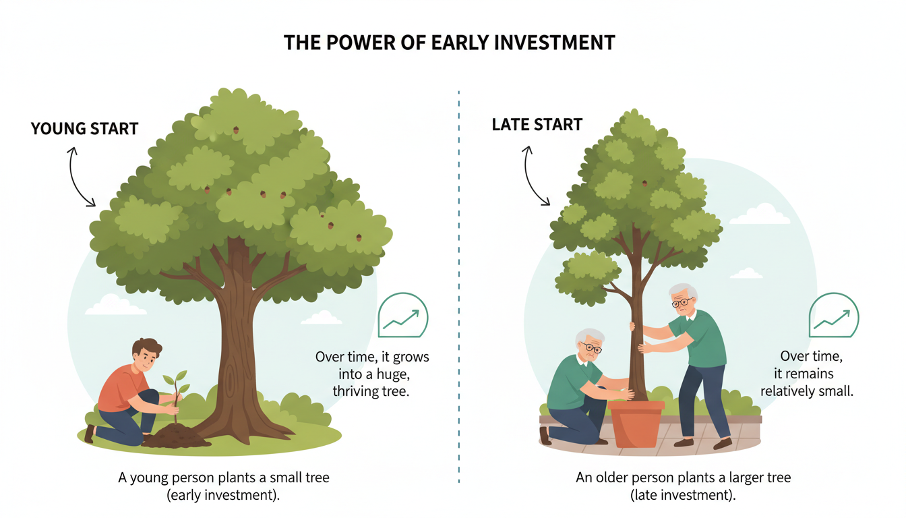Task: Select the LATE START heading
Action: tap(537, 125)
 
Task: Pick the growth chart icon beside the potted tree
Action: tap(834, 316)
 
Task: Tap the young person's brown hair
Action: tap(146, 349)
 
